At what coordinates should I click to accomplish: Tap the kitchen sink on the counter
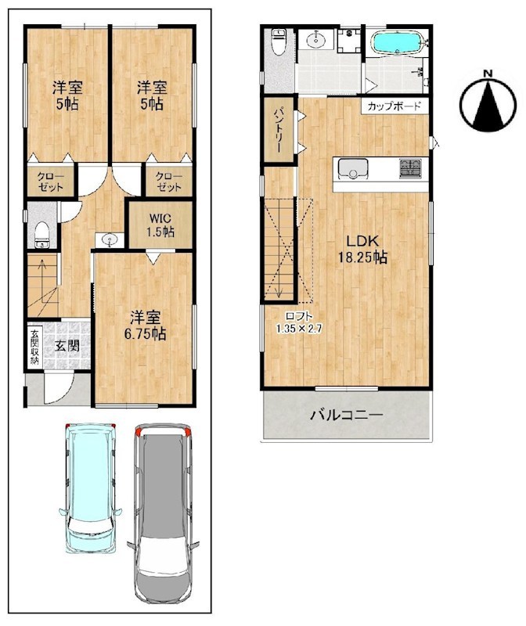click(353, 169)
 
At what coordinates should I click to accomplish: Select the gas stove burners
click(410, 168)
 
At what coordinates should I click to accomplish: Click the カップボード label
click(394, 106)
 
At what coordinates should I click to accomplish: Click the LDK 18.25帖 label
click(362, 250)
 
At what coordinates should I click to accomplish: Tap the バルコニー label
click(347, 415)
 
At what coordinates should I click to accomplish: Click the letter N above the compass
click(488, 74)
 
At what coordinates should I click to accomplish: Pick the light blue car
click(91, 487)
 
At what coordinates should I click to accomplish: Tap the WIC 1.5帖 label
click(161, 225)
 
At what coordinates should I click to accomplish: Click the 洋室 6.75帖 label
click(146, 326)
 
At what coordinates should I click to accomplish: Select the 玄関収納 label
click(34, 347)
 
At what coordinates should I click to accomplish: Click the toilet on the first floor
click(41, 236)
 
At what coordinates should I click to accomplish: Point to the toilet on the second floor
click(278, 41)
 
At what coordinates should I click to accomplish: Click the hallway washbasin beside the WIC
click(110, 240)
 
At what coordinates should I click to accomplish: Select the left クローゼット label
click(51, 182)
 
